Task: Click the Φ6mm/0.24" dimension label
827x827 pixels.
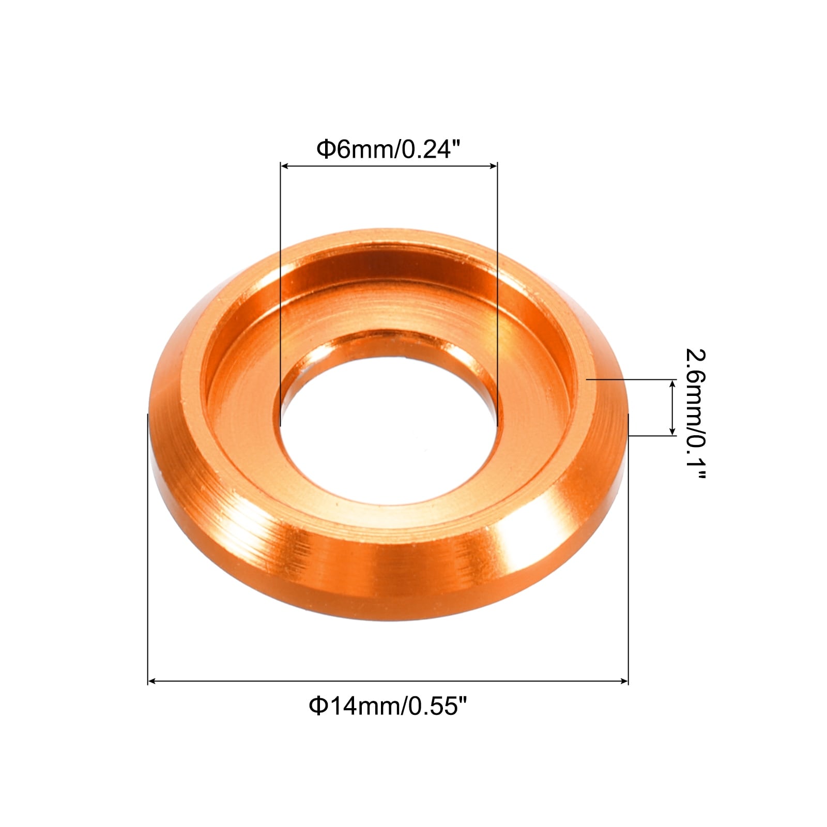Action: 388,149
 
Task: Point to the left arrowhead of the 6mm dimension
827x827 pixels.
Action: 284,166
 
